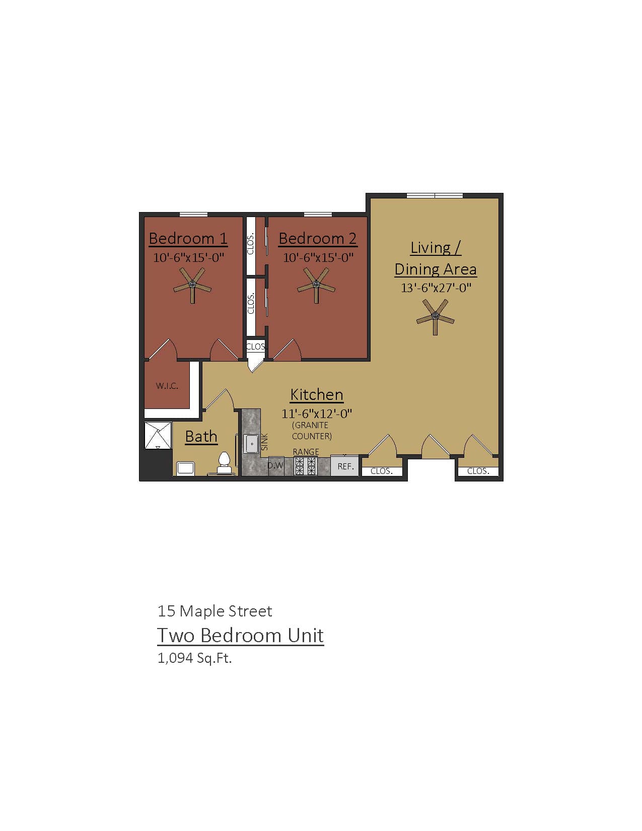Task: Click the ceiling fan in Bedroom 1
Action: coord(192,285)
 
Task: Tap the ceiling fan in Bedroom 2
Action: coord(316,285)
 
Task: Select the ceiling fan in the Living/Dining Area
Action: coord(436,317)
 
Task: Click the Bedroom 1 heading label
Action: coord(188,238)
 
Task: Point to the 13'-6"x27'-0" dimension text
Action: coord(436,288)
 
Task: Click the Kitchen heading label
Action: coord(317,394)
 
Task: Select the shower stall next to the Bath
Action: coord(158,436)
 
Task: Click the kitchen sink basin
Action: coord(251,444)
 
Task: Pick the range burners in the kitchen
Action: coord(306,466)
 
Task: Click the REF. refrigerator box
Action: coord(345,466)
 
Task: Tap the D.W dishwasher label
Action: coord(275,465)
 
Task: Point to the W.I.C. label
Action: coord(167,386)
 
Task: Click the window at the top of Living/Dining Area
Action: coord(435,195)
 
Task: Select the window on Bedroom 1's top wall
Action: coord(193,215)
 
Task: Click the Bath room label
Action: coord(201,436)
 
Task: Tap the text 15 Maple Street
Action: coord(215,611)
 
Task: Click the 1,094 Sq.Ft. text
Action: coord(194,658)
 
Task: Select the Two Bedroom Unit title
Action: coord(240,636)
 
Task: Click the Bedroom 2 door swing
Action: coord(288,350)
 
